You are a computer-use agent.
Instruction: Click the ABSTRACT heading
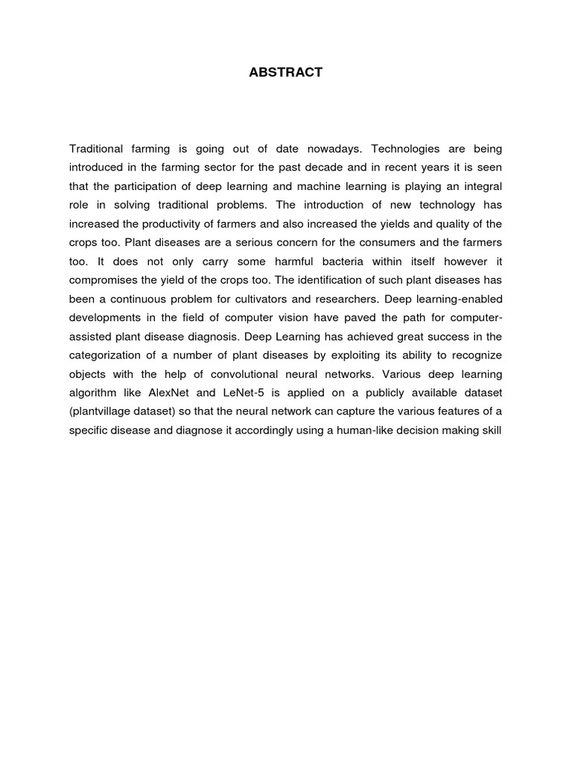[286, 72]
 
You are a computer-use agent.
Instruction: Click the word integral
[482, 186]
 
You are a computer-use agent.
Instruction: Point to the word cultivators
[241, 300]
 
